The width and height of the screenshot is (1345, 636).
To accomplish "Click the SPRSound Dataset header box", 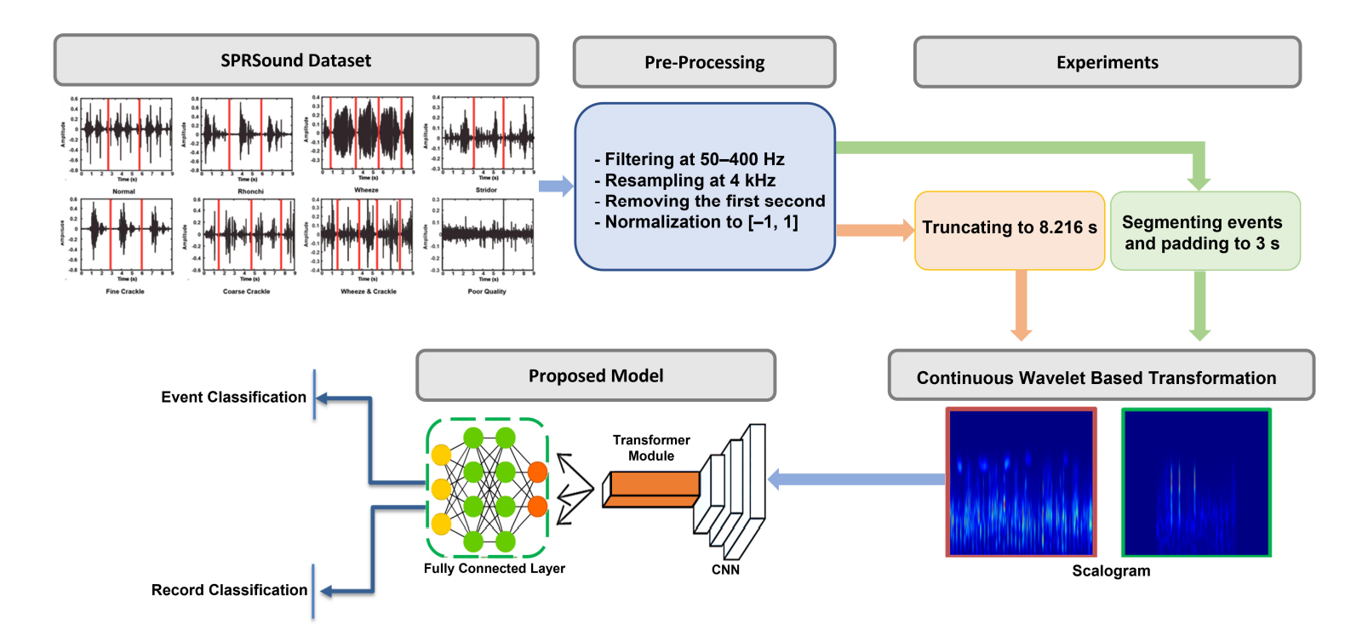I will (x=295, y=60).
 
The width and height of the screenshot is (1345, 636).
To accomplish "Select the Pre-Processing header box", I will (x=704, y=62).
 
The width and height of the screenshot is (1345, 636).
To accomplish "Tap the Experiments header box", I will (x=1107, y=62).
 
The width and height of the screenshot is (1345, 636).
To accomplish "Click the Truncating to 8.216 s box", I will (x=1010, y=228).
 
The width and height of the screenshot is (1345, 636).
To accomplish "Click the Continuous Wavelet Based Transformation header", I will (x=1100, y=377).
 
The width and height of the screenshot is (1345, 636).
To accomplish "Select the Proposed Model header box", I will (x=595, y=375).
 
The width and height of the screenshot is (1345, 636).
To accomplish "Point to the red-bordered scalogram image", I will (x=1021, y=482).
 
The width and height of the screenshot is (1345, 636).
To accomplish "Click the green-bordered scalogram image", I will (x=1196, y=482).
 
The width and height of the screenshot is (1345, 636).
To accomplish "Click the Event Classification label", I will (x=233, y=397).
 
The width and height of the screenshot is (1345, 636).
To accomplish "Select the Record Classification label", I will (x=229, y=590).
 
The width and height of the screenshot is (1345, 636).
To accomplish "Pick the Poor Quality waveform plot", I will (x=487, y=234).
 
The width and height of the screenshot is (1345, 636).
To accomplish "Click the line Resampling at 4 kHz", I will (x=690, y=180).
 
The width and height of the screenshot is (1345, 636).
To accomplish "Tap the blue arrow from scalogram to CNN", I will (x=856, y=479).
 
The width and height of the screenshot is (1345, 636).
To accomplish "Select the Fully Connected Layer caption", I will (x=495, y=569).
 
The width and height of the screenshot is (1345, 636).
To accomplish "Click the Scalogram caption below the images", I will (x=1111, y=571).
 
